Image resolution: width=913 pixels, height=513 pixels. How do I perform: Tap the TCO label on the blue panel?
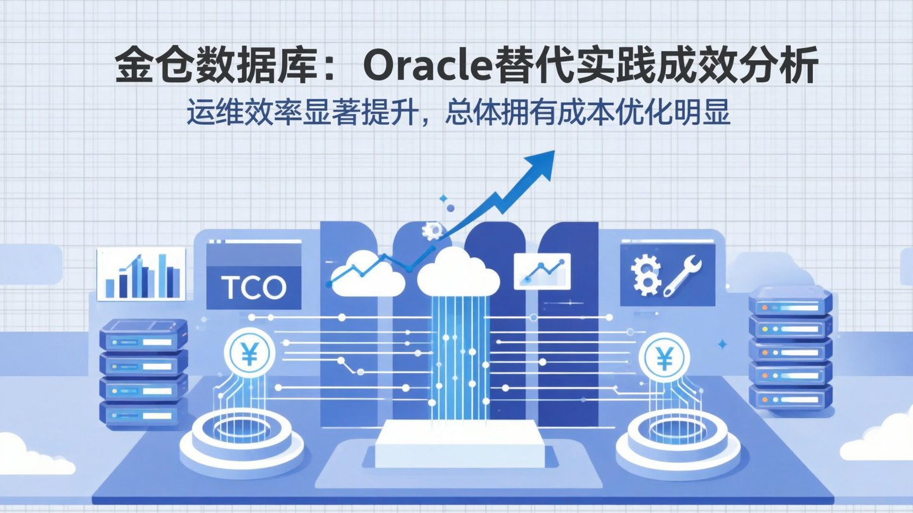254,288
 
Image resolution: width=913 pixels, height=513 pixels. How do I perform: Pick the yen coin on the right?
664,359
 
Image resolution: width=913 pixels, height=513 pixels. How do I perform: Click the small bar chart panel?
141,274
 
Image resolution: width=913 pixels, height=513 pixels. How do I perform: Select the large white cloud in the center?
458,272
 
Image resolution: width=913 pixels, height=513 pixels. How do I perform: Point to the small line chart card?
541,271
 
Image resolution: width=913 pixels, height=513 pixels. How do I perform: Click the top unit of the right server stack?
790,301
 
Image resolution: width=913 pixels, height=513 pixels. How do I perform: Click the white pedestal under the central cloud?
460,443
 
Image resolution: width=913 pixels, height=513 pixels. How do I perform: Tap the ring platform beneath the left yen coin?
242,437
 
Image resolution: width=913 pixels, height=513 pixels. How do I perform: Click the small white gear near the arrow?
432,230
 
